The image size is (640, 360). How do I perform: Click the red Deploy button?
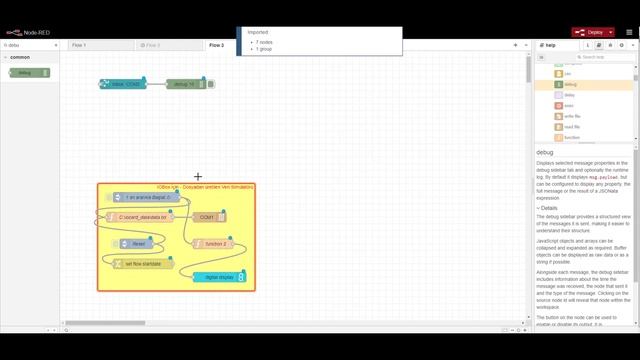pos(591,32)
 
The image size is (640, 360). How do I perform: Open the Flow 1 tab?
pos(79,45)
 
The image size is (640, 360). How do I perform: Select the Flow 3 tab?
pos(152,45)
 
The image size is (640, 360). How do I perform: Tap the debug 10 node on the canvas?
pos(185,84)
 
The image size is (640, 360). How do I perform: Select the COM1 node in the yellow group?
pos(208,216)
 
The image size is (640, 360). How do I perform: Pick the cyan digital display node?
pos(217,277)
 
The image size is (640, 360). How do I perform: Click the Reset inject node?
pos(139,243)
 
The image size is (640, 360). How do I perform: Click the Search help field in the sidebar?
pos(600,57)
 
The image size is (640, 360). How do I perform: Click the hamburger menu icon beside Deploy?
pos(629,32)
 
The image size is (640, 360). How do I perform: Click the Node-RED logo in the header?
pos(22,32)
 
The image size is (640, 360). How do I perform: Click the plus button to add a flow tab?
pos(515,45)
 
